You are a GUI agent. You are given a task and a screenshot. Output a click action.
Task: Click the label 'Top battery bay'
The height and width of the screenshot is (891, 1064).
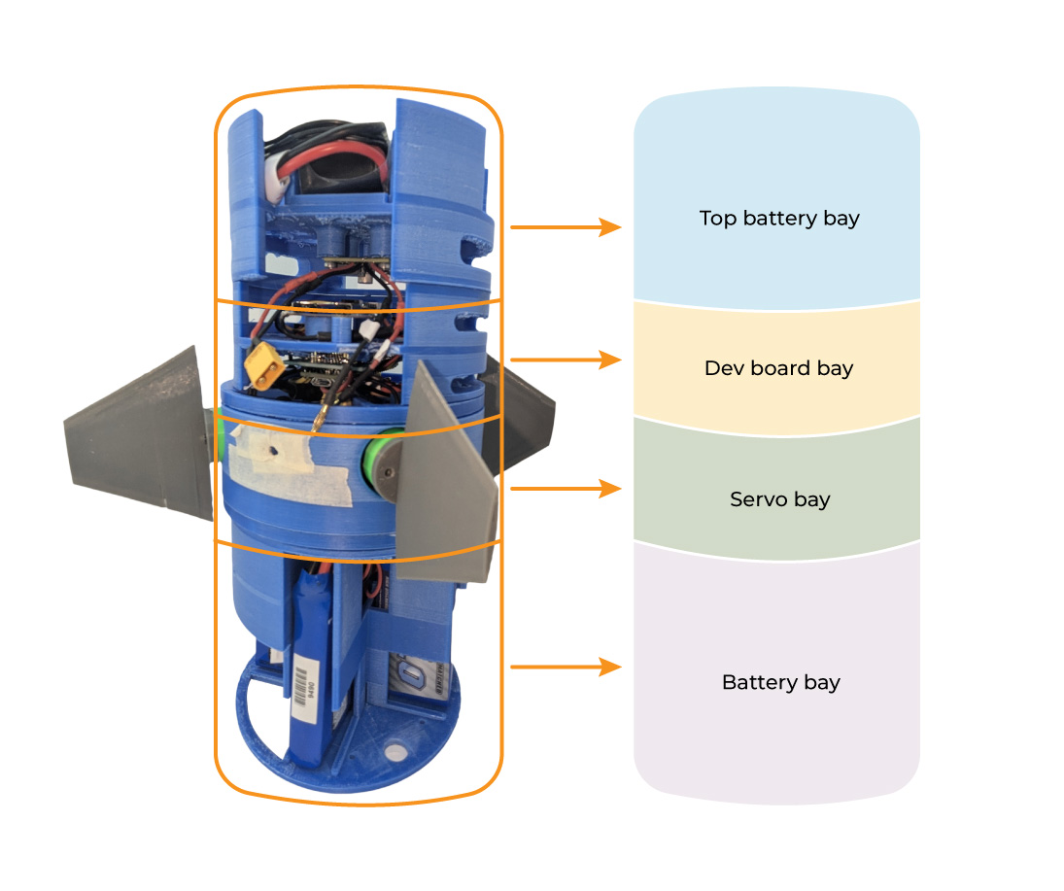tap(779, 218)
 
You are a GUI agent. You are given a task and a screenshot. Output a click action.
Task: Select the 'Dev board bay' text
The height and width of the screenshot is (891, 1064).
tap(778, 368)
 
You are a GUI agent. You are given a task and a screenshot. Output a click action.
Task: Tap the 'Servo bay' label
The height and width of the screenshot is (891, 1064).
tap(779, 499)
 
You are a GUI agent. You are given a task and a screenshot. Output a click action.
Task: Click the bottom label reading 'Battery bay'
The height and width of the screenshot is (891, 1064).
tap(780, 682)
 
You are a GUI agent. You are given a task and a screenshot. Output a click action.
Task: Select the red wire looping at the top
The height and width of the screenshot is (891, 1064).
tap(330, 150)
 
